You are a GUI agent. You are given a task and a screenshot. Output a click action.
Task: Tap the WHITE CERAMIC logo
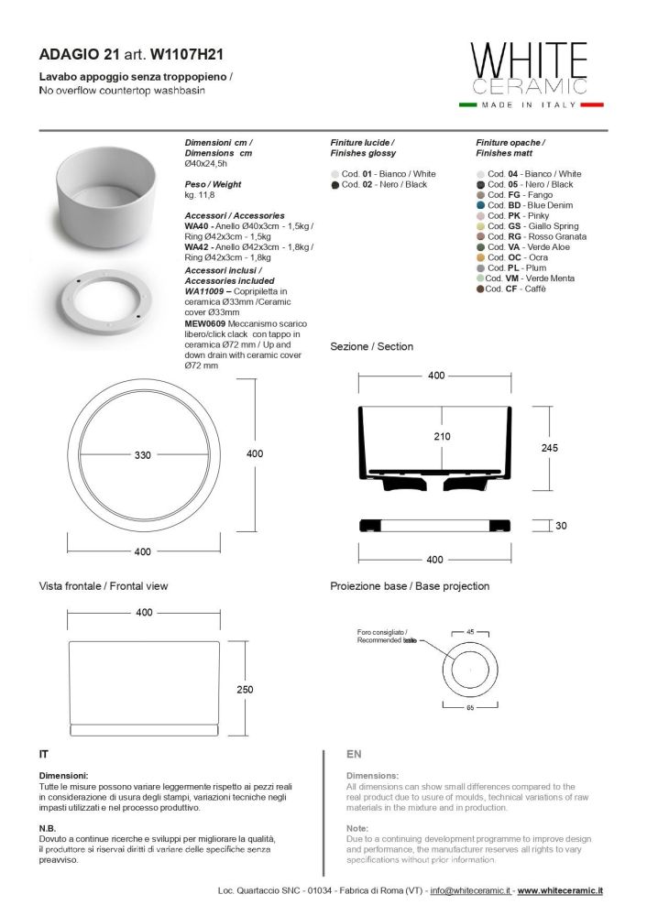528,69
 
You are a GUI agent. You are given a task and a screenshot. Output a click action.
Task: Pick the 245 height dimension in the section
550,448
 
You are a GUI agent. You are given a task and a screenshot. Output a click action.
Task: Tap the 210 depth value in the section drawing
442,437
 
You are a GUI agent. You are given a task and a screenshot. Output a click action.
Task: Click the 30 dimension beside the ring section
561,526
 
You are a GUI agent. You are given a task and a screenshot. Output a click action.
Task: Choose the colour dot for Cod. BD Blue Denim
480,205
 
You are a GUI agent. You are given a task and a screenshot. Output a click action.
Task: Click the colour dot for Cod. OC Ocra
480,257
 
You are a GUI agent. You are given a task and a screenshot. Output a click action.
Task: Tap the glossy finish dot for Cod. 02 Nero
335,184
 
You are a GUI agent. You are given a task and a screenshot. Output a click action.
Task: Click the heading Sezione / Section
371,346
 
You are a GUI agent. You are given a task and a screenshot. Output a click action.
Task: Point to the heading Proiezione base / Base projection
410,585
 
